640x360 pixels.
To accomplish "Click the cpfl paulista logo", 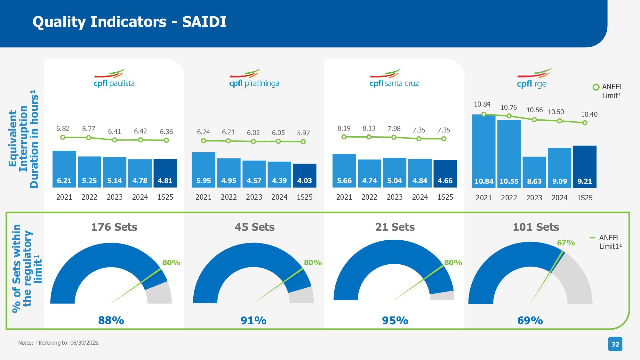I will coord(114,78).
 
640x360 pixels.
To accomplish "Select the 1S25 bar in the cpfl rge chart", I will coord(585,166).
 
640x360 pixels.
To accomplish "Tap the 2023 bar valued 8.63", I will coord(534,172).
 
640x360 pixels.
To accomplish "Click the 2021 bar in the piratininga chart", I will coord(204,170).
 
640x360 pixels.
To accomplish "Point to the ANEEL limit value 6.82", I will coord(63,129).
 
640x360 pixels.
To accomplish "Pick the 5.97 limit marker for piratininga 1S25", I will coord(303,141).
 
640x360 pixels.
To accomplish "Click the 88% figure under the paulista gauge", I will coord(111,320).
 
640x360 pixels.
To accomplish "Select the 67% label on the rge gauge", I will coord(566,243).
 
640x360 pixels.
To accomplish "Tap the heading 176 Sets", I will coord(114,227).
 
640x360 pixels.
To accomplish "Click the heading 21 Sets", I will coord(395,227).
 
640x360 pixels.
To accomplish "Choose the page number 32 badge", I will coord(615,344).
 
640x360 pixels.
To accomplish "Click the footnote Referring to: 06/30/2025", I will coord(69,343).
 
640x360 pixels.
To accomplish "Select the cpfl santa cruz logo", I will coord(394,78).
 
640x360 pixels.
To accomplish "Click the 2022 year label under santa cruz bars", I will coord(369,197).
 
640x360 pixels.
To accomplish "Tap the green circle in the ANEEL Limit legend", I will coord(596,87).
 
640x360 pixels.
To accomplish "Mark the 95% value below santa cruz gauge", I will coord(395,320).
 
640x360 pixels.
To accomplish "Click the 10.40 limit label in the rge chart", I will coord(589,115).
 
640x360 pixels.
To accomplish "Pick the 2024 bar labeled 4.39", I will coord(279,174).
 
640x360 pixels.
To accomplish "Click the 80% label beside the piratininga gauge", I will coord(313,263).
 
